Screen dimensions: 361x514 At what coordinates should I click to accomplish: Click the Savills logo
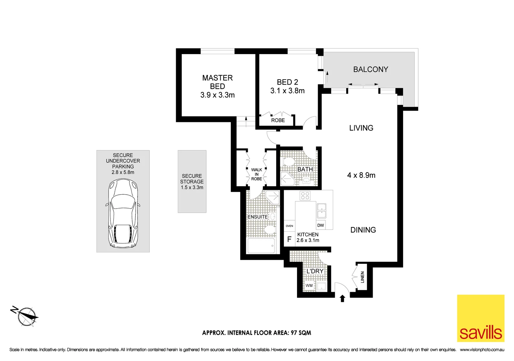tap(481, 318)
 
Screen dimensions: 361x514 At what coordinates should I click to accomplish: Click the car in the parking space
tap(123, 213)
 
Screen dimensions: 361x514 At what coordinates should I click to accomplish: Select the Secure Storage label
tap(192, 182)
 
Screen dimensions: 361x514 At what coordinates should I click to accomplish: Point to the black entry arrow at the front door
tap(342, 298)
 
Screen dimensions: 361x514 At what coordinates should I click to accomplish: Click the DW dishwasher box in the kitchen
tap(320, 225)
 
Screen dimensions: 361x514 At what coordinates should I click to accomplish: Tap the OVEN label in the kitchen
tap(289, 226)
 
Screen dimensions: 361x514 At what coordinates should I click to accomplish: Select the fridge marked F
tap(289, 240)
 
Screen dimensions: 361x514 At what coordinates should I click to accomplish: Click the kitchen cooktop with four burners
tap(305, 196)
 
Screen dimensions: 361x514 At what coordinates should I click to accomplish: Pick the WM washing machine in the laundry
tap(309, 286)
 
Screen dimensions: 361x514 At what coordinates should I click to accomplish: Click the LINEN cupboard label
tap(362, 277)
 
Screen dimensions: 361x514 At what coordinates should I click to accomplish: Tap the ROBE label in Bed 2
tap(278, 120)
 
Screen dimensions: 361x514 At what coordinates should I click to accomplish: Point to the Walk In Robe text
tap(256, 174)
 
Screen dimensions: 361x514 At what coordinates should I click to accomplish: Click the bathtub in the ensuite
tap(261, 246)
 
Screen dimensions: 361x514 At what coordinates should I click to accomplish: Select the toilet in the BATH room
tap(288, 162)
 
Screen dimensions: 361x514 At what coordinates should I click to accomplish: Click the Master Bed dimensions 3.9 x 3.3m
tap(217, 95)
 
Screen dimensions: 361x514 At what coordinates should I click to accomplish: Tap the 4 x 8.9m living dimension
tap(361, 175)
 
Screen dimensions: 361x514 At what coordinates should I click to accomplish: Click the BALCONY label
tap(370, 70)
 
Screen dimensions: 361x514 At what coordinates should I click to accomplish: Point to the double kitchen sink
tap(321, 211)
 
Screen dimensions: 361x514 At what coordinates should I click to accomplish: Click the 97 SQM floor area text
tap(301, 333)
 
